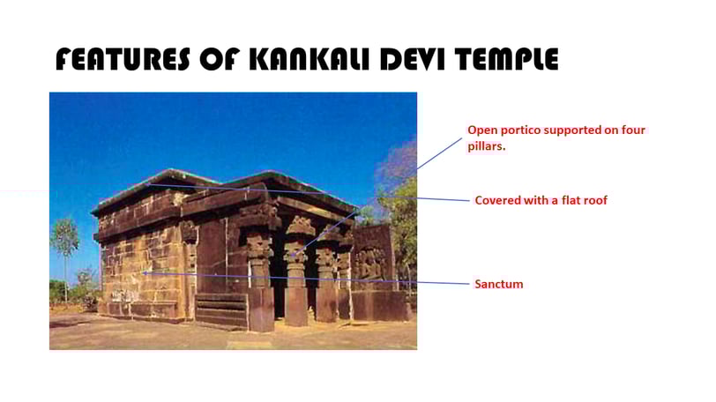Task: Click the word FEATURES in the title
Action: coord(123,59)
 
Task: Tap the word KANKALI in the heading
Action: coord(310,59)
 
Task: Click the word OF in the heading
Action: coord(220,59)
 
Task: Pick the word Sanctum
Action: coord(499,284)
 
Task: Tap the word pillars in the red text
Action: coord(487,146)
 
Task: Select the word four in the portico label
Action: coord(633,130)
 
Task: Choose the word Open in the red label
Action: coord(482,130)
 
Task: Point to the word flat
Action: coord(571,200)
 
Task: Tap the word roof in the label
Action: coord(595,200)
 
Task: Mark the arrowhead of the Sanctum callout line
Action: coord(144,273)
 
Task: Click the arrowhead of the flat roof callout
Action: coord(147,185)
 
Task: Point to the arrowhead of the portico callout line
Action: coord(293,256)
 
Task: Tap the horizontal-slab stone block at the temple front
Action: coord(222,310)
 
